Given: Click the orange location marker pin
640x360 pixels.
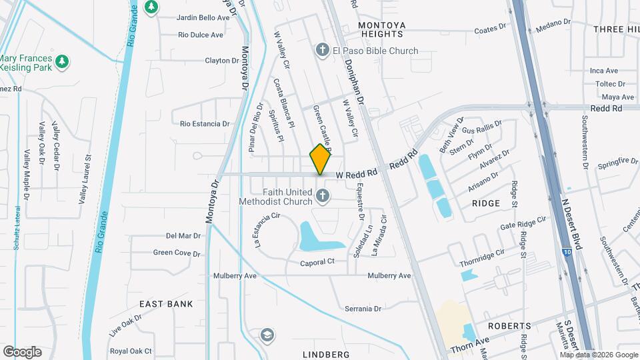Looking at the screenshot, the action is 320,159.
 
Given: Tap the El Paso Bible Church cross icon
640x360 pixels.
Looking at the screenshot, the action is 322,51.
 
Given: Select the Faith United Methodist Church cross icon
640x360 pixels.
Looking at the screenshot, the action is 322,196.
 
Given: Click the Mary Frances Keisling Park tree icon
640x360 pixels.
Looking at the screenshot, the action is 63,61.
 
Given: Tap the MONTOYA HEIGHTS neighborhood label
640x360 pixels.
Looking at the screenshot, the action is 381,29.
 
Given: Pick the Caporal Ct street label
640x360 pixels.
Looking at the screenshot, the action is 317,262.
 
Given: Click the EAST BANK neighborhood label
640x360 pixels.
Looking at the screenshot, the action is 166,304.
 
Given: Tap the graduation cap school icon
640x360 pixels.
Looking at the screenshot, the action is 268,335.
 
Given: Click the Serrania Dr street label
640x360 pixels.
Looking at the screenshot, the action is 363,309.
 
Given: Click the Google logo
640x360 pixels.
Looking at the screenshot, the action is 22,351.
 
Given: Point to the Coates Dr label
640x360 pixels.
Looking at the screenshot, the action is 491,30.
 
